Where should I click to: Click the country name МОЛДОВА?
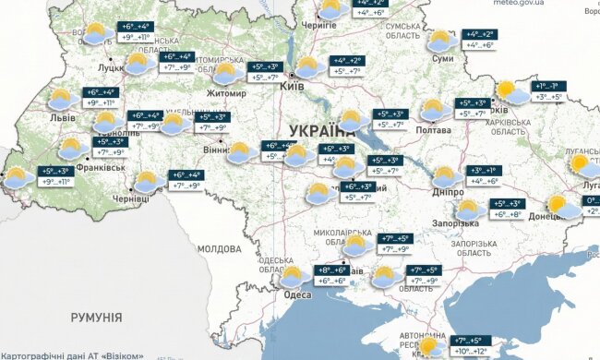tap(219, 249)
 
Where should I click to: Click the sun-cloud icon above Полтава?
tap(431, 111)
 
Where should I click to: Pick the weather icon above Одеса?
tap(294, 275)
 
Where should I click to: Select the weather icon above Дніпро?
tap(445, 174)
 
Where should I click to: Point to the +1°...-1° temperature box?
tap(549, 86)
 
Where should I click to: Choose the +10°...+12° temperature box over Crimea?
tap(469, 352)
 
